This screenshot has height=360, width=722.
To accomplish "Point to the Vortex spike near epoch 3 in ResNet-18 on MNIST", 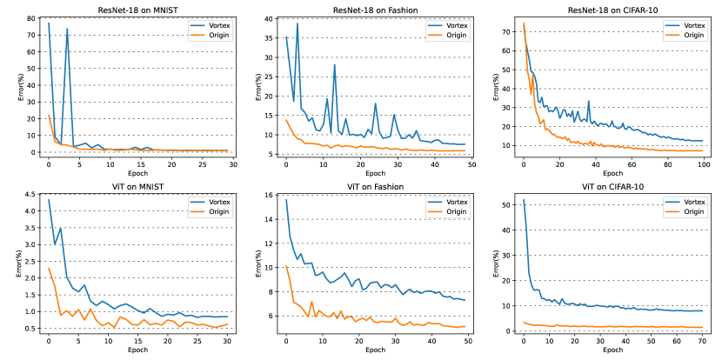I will pos(67,29).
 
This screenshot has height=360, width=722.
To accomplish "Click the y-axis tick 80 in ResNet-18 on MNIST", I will pos(34,17).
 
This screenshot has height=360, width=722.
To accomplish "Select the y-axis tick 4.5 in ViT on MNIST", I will pos(31,194).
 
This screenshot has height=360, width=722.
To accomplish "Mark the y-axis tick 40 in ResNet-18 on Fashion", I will pos(271,17).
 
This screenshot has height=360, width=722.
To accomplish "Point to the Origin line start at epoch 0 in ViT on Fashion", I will pos(286,266).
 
